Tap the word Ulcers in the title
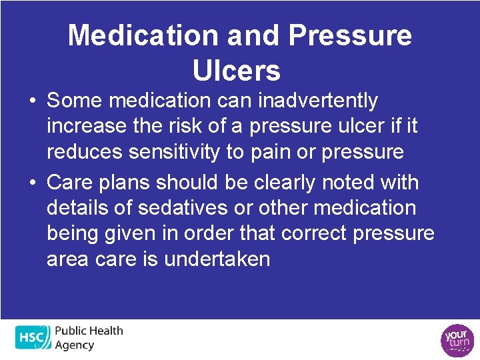point(236,69)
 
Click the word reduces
point(86,151)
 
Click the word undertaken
point(217,259)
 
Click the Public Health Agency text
point(88,337)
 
